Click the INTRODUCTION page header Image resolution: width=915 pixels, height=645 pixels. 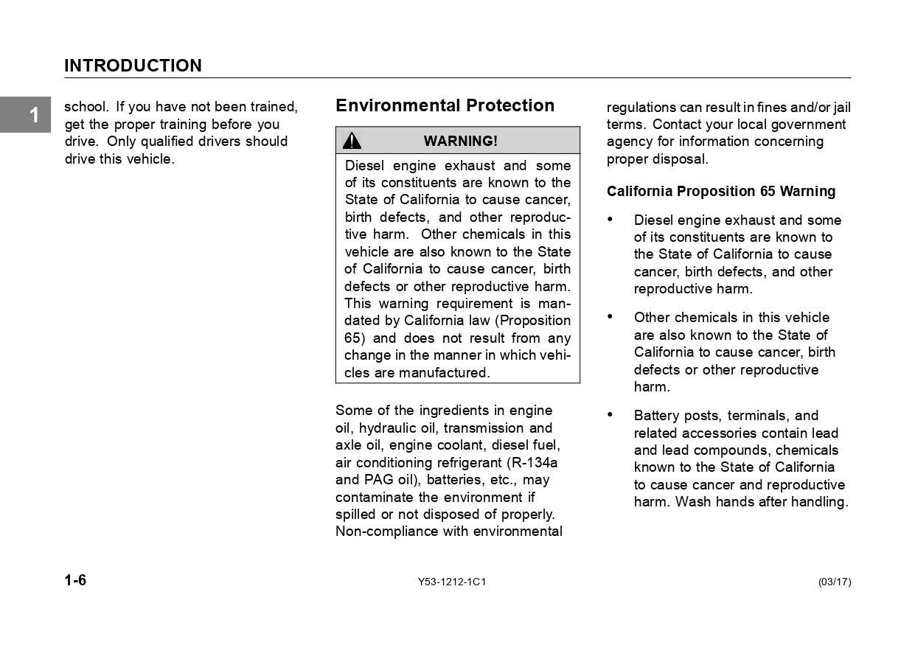(133, 66)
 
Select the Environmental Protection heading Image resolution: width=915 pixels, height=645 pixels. (445, 105)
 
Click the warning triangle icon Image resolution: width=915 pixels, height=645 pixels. (352, 141)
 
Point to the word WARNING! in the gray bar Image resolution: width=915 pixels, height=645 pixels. (460, 141)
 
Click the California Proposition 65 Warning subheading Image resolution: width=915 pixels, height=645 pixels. (720, 192)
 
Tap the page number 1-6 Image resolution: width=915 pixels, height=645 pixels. (75, 580)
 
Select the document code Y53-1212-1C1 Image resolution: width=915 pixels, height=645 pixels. (451, 582)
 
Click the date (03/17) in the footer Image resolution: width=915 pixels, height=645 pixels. (834, 582)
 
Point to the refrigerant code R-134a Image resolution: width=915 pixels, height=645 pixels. (533, 463)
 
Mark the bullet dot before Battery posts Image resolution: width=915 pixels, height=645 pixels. (610, 415)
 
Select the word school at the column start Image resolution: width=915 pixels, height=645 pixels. (86, 108)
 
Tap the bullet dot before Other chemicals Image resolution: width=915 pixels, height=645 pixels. (610, 317)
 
